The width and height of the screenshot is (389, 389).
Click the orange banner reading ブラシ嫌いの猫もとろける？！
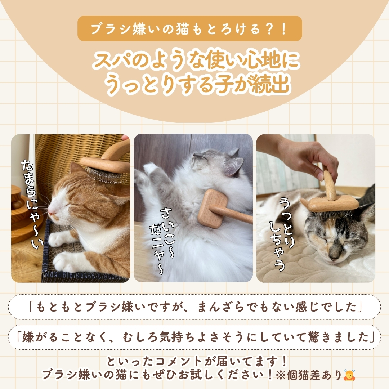(190, 28)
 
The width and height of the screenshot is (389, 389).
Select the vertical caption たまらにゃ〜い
(32, 204)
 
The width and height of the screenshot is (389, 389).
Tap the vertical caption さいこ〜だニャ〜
(162, 241)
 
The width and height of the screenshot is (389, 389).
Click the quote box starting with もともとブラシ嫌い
(194, 307)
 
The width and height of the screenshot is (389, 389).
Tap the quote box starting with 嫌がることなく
(194, 337)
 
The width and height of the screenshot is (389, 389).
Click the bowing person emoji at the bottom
(349, 375)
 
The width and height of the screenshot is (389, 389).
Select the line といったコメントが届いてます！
(197, 361)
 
